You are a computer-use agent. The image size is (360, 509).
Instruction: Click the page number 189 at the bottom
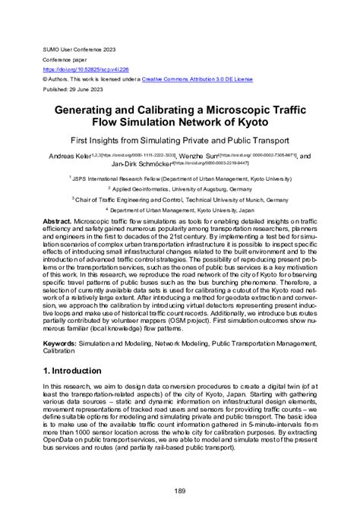(x=180, y=492)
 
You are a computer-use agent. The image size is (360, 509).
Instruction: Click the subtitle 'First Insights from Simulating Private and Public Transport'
(x=179, y=141)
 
